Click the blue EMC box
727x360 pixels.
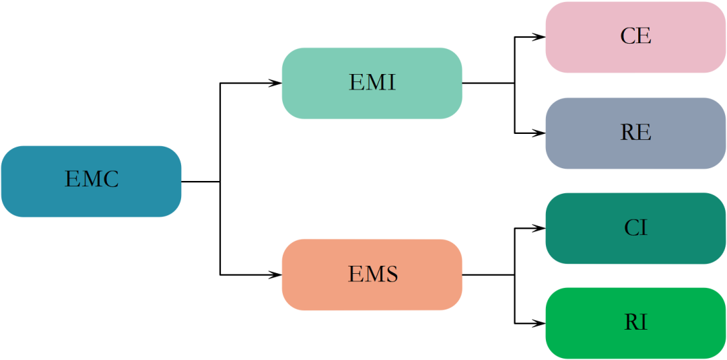91,181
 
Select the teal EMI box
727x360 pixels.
372,83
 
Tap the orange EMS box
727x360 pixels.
372,275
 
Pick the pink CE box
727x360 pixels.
635,37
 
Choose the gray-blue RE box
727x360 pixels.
635,133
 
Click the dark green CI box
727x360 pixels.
635,228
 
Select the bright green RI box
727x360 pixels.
635,323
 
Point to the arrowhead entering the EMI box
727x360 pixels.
276,83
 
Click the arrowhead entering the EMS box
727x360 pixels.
276,275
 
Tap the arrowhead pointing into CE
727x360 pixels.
539,37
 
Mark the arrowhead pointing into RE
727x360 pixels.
539,133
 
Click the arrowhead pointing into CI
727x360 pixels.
539,228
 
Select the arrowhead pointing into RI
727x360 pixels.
539,323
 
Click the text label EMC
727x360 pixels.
92,180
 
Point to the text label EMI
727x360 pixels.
372,83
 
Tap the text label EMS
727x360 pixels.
373,275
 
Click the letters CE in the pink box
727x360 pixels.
635,36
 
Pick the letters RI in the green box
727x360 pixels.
635,323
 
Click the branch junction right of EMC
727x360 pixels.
220,181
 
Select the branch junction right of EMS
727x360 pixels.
515,275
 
